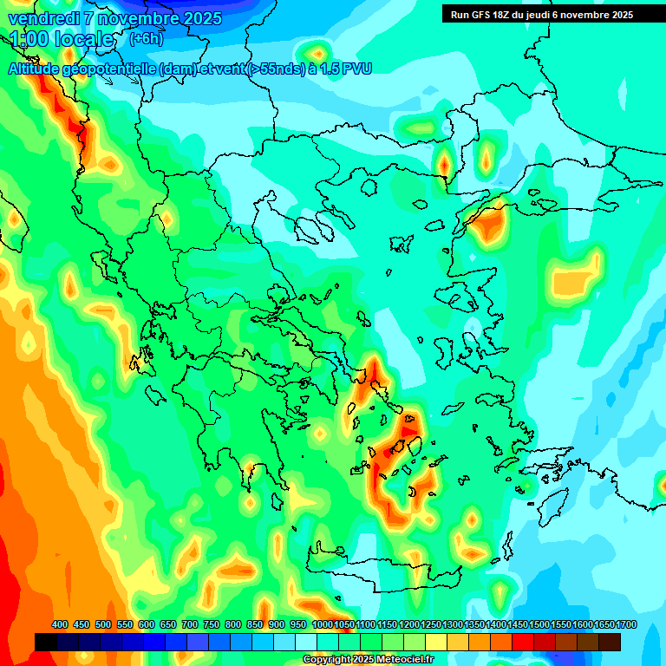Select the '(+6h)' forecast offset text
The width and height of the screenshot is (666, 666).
pyautogui.click(x=146, y=39)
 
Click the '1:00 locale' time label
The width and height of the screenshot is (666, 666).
pyautogui.click(x=62, y=39)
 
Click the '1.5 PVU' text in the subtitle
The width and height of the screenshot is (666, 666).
pyautogui.click(x=346, y=69)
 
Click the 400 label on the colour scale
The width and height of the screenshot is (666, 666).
pyautogui.click(x=60, y=624)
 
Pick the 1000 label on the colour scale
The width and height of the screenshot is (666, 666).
pyautogui.click(x=322, y=624)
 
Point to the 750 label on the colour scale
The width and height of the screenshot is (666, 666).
pyautogui.click(x=211, y=624)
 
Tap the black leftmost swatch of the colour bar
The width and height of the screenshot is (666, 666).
pyautogui.click(x=46, y=642)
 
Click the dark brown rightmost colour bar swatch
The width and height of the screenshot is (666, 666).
pyautogui.click(x=610, y=642)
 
